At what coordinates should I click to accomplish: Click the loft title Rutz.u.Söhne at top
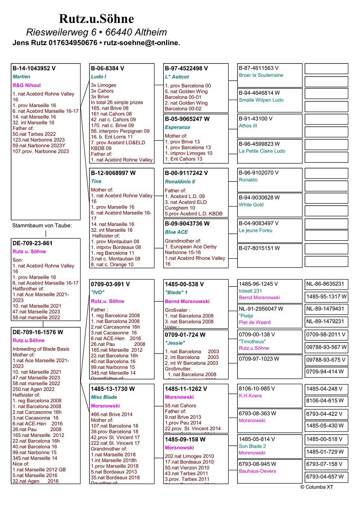click(x=96, y=19)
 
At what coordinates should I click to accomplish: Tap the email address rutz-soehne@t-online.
click(x=142, y=43)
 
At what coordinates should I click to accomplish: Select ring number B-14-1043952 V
click(x=34, y=69)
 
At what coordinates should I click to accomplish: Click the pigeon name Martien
click(x=22, y=77)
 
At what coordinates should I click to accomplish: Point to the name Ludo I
click(x=99, y=77)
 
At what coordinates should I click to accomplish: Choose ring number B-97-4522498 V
click(x=186, y=69)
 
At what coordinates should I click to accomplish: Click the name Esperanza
click(x=177, y=128)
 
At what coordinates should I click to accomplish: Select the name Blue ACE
click(x=176, y=232)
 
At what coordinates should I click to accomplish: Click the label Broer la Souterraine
click(x=261, y=75)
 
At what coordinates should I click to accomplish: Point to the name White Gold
click(x=251, y=205)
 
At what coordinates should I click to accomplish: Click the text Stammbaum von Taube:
click(x=42, y=225)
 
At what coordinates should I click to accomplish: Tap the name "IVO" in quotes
click(x=98, y=292)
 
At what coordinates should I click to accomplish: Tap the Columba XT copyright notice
click(x=317, y=487)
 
